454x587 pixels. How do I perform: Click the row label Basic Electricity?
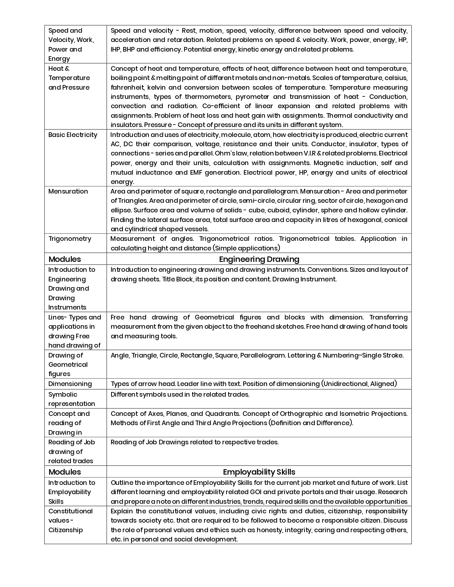point(73,135)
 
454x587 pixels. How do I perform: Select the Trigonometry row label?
point(70,239)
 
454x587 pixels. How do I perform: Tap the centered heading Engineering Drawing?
point(259,259)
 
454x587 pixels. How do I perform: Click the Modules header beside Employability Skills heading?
point(64,472)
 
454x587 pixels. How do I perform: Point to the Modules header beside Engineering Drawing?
point(64,259)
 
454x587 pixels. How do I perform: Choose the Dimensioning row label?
point(70,384)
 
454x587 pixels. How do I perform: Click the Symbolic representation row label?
point(72,399)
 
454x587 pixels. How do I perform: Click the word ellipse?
point(121,210)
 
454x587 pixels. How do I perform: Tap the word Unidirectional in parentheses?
point(345,384)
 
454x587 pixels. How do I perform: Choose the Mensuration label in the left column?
point(68,191)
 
